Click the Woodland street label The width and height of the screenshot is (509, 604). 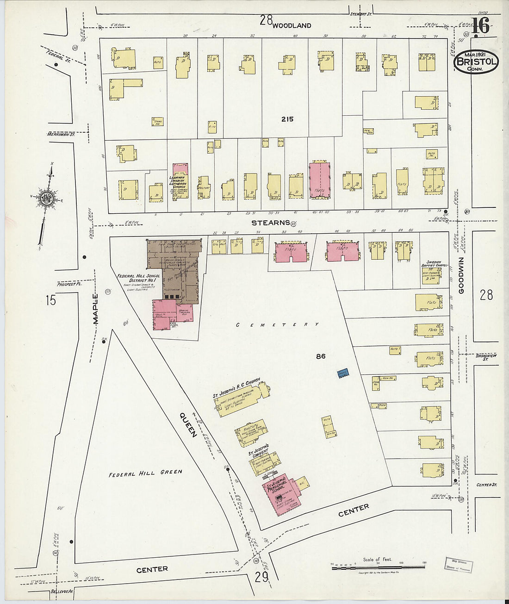tap(292, 25)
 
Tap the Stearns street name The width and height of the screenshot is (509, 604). tap(270, 223)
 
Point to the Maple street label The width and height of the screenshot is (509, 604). tap(96, 309)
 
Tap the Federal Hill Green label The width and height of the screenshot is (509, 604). tap(145, 473)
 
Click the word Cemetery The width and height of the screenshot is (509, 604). tap(278, 324)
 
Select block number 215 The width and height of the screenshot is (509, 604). tap(287, 119)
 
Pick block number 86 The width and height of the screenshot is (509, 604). tap(321, 356)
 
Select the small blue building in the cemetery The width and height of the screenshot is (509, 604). tap(342, 374)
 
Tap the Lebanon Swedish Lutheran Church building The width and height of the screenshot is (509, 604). tap(180, 181)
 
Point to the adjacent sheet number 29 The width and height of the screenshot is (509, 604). tap(261, 577)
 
